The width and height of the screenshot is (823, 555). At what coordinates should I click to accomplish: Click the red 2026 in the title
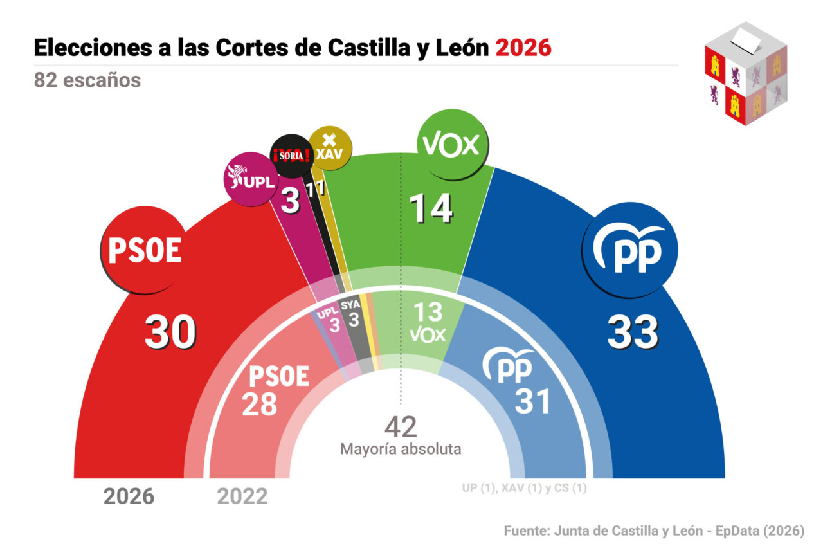click(x=523, y=48)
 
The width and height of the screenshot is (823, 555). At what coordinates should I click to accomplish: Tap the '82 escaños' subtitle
click(x=87, y=80)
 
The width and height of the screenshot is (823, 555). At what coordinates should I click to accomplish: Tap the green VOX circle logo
click(x=449, y=145)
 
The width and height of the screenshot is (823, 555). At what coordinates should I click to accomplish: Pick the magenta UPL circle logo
click(x=250, y=179)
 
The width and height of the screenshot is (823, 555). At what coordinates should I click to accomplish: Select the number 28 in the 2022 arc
click(x=259, y=403)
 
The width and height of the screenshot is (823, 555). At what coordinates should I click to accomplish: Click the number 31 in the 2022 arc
click(x=533, y=402)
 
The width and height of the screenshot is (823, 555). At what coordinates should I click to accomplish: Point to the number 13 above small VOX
click(x=428, y=312)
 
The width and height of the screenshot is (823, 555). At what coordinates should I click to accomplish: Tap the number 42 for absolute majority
click(x=401, y=427)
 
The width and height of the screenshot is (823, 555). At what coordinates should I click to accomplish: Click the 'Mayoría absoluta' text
click(x=401, y=449)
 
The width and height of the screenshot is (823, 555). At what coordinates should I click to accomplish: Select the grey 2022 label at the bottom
click(x=242, y=496)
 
